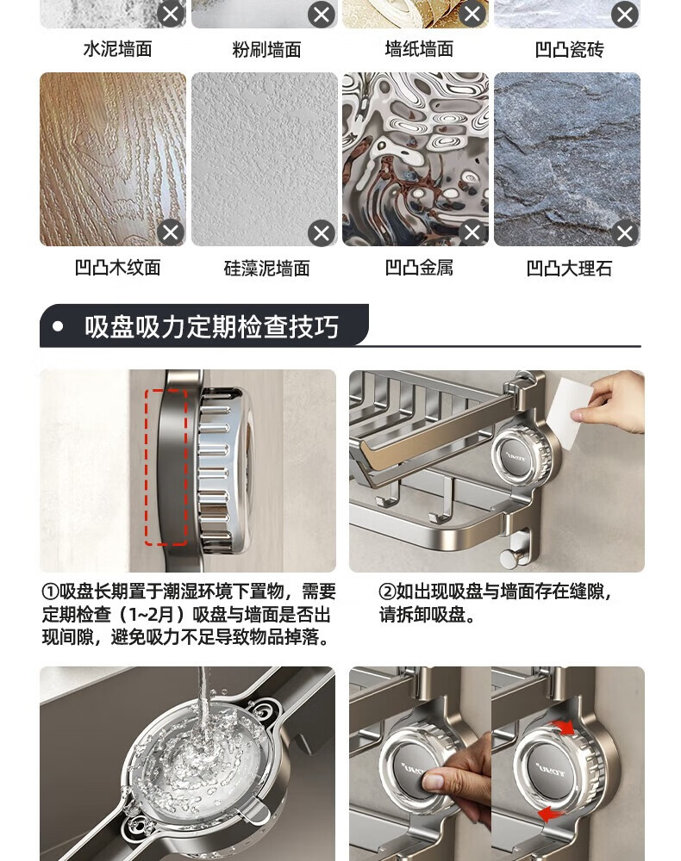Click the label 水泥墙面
pos(117,49)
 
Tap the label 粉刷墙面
pos(266,50)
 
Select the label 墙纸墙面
pos(419,49)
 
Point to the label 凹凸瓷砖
pos(570,50)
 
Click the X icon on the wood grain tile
pos(171,232)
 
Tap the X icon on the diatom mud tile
pos(322,233)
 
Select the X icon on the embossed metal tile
pos(472,232)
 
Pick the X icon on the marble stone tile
pos(625,233)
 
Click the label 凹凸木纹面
pos(117,268)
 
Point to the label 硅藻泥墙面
pos(266,269)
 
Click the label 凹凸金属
pos(419,268)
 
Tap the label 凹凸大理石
pos(570,269)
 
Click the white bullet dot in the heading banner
pos(58,326)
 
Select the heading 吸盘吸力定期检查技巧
pos(211,326)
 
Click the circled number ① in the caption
pos(50,592)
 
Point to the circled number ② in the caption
pos(387,592)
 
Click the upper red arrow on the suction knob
pos(564,728)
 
